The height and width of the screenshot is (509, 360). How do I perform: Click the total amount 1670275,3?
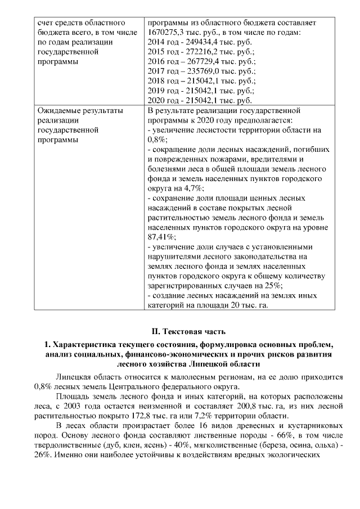166,33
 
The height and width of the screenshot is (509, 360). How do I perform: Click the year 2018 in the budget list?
156,81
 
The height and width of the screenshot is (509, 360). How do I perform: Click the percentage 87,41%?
161,237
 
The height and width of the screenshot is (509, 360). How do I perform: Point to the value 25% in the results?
267,286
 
